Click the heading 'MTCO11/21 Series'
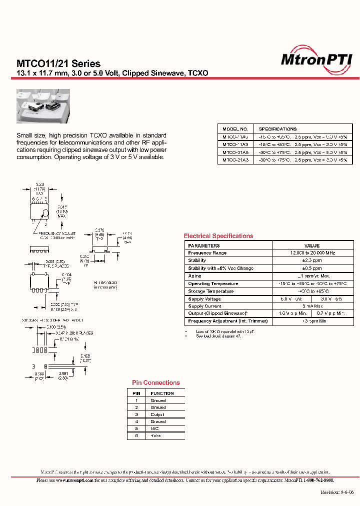pos(58,64)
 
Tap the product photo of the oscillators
pos(43,107)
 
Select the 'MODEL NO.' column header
pos(235,129)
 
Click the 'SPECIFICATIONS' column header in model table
pos(278,129)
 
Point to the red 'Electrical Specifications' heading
pos(218,236)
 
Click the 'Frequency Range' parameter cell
pos(207,253)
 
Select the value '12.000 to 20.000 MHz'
pos(312,253)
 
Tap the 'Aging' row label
pos(195,276)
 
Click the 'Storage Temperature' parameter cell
pos(210,291)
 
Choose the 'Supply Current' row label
pos(204,306)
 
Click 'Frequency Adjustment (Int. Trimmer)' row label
pos(228,321)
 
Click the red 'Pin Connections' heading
pos(156,383)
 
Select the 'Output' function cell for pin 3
pos(157,414)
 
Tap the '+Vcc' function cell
pos(156,436)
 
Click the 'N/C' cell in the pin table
pos(154,429)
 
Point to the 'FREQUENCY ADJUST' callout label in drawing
pos(54,233)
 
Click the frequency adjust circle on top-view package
pos(45,213)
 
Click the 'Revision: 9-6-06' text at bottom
pos(337,492)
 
